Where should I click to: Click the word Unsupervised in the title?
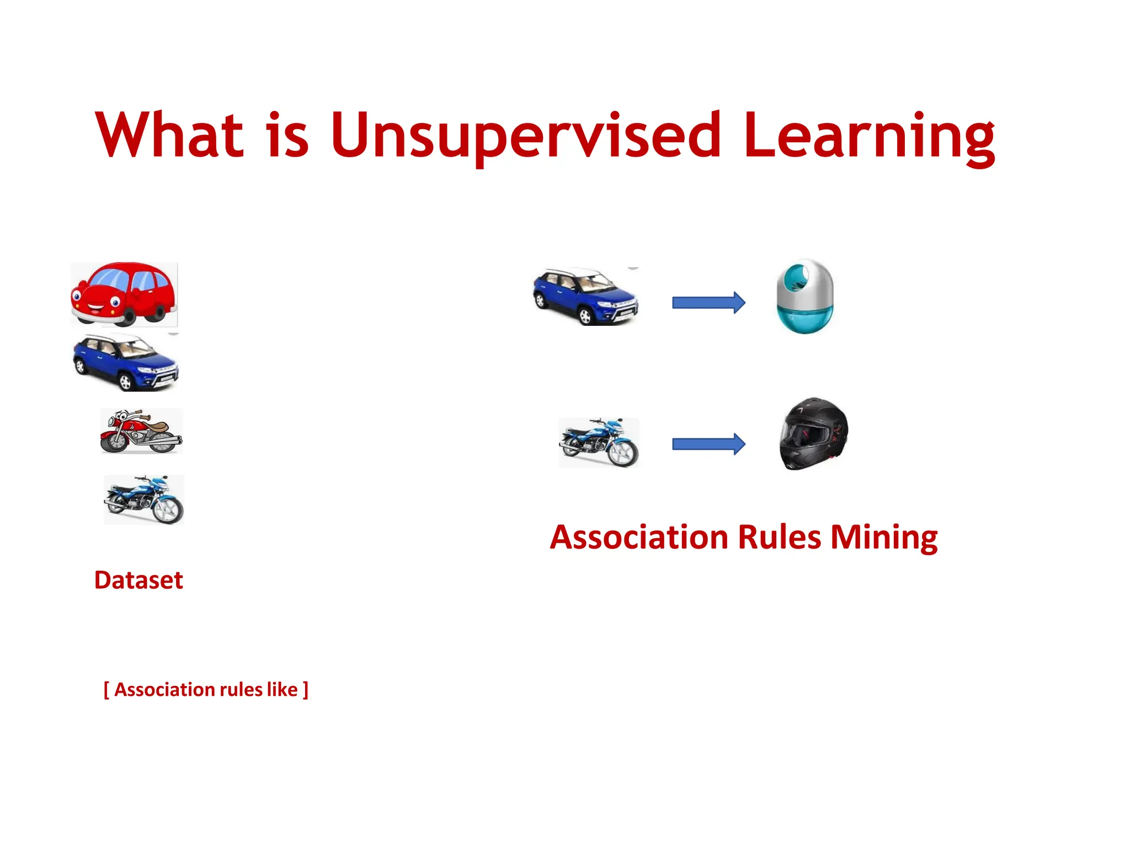[x=526, y=135]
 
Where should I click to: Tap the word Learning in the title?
[x=868, y=135]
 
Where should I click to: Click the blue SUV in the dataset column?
[x=126, y=362]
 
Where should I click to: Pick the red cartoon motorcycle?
[x=141, y=431]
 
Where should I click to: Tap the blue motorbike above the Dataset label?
[x=144, y=500]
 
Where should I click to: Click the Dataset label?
[x=138, y=580]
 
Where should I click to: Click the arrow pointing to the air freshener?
[x=708, y=302]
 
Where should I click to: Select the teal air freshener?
[x=804, y=296]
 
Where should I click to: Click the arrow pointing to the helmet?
[x=708, y=444]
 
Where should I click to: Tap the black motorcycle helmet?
[x=813, y=434]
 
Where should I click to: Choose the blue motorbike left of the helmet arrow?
[x=599, y=443]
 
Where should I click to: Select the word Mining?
[x=884, y=537]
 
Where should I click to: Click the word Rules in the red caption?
[x=779, y=537]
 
